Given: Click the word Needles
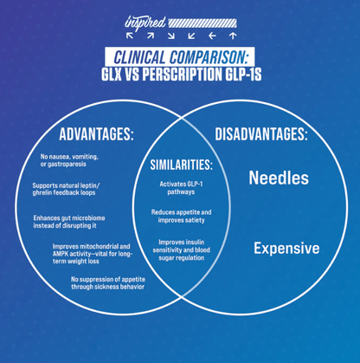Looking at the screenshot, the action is [279, 178].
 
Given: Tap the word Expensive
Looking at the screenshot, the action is [286, 249].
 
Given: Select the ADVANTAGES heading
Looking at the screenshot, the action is [96, 134].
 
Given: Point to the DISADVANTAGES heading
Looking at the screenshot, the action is [261, 134].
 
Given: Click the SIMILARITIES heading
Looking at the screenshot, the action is [182, 165].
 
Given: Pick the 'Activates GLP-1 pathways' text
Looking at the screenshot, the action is [181, 188].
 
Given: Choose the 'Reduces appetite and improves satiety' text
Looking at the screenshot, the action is [182, 216].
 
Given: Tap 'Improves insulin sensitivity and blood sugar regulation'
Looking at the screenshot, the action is [182, 250].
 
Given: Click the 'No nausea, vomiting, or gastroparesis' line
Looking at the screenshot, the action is [69, 160].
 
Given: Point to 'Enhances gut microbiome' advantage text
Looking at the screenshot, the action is [69, 222].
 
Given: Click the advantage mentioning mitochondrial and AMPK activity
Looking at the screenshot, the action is [93, 254].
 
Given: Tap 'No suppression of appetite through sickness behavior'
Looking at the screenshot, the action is [108, 283].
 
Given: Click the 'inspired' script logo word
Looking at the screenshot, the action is [145, 23].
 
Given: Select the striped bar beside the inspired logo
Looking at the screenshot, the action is [202, 23].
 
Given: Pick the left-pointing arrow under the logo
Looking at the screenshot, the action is [212, 36].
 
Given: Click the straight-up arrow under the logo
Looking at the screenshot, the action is [233, 36].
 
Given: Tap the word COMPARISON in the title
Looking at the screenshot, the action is [209, 57].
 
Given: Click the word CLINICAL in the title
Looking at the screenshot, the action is [139, 57].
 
